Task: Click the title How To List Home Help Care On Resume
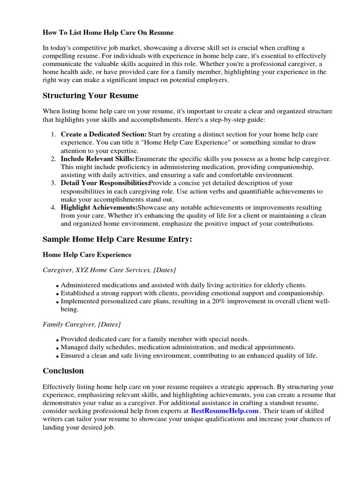(x=108, y=33)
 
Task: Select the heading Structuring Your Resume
(x=90, y=96)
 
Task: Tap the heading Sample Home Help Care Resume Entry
(x=117, y=239)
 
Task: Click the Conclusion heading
(x=63, y=371)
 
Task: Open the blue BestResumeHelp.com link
(x=225, y=411)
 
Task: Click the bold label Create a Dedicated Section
(x=104, y=135)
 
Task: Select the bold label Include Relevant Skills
(x=97, y=159)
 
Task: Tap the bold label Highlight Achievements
(x=99, y=207)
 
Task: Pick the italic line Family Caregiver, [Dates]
(x=82, y=324)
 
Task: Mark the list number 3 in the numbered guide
(x=53, y=183)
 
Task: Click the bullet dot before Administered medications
(x=57, y=286)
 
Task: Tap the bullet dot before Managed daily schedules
(x=57, y=348)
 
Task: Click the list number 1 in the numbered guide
(x=53, y=135)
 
